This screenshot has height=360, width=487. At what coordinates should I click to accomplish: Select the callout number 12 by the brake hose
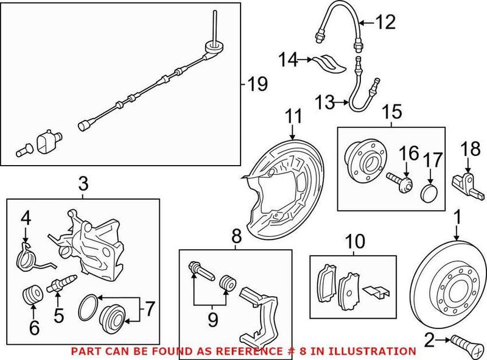click(384, 23)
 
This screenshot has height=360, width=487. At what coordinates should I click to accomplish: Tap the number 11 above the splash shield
click(294, 115)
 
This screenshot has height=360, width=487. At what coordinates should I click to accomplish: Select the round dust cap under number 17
click(430, 194)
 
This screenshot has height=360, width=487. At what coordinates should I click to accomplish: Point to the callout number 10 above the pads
click(355, 242)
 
